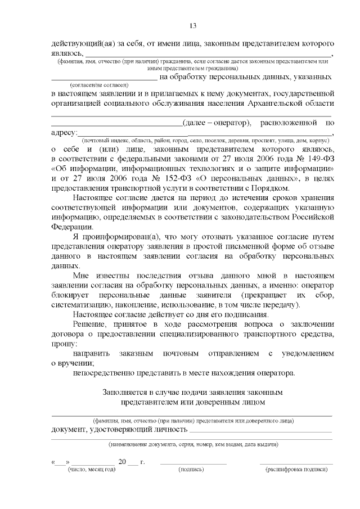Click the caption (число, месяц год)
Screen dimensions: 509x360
pos(91,469)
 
